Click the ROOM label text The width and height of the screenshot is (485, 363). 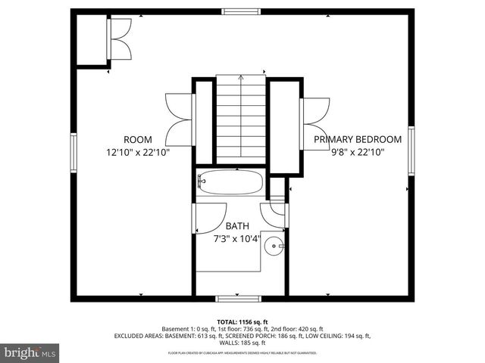click(139, 139)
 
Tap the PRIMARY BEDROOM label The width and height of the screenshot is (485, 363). click(357, 139)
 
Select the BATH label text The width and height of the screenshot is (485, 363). click(236, 226)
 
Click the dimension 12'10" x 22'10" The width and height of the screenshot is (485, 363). click(138, 152)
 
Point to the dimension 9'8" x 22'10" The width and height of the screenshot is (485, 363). click(358, 152)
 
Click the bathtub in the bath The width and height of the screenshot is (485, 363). click(230, 182)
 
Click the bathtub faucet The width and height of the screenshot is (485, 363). click(202, 181)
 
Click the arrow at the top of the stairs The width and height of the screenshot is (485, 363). click(241, 77)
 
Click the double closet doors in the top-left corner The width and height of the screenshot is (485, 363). click(119, 39)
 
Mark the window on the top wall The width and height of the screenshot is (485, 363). click(242, 11)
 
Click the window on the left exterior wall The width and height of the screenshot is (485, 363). click(74, 152)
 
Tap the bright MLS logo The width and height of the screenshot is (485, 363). click(30, 352)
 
